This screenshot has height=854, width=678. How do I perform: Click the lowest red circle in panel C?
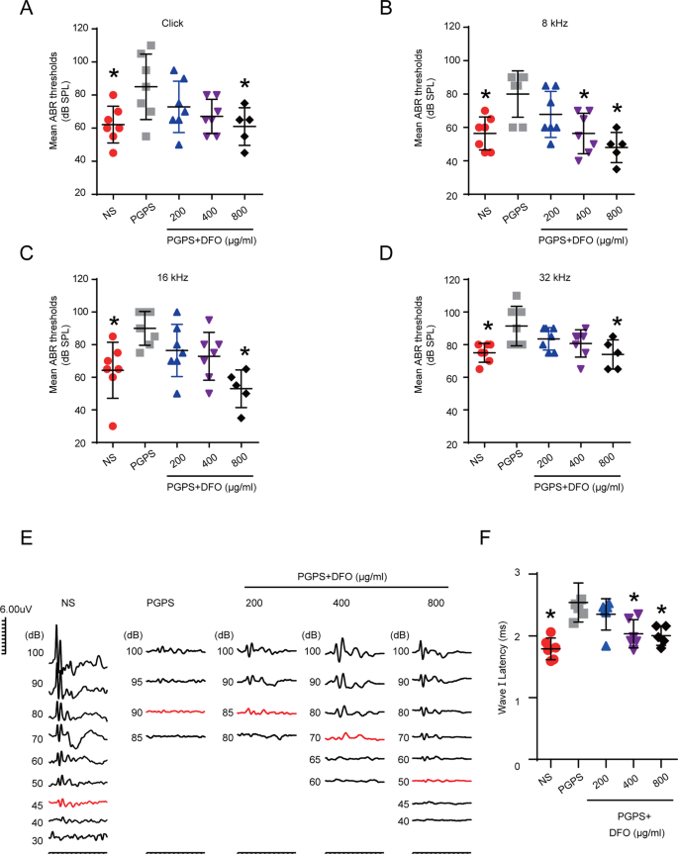coord(114,427)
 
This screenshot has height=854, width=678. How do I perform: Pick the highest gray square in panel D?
coord(516,296)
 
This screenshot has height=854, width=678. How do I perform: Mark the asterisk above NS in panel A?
coord(114,76)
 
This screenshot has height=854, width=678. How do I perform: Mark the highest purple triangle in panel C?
coord(209,321)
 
